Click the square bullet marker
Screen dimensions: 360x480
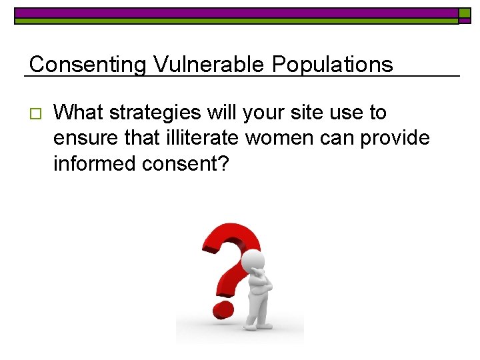[x=36, y=113]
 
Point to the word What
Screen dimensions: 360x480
[x=78, y=113]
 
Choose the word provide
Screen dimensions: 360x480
[x=397, y=138]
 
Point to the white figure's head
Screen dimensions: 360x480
[x=252, y=261]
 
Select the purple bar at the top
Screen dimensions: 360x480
[x=237, y=13]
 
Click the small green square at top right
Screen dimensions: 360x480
[x=465, y=13]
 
